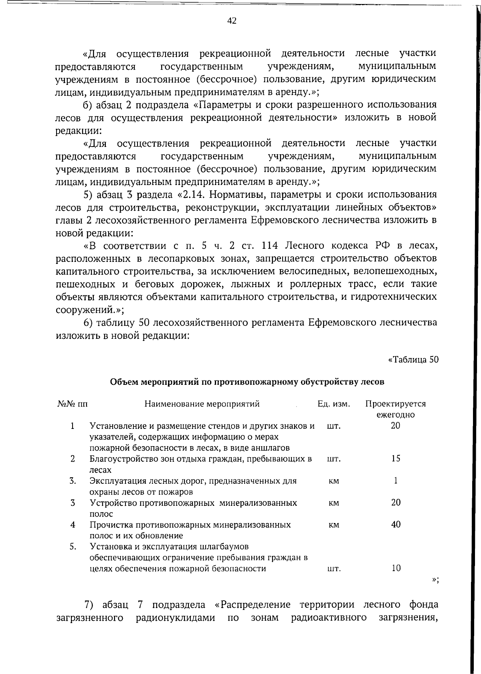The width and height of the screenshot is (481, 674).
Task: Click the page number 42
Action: [232, 21]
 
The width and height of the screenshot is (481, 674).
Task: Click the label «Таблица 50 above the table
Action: [413, 359]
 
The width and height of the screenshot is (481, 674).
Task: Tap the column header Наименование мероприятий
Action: [202, 404]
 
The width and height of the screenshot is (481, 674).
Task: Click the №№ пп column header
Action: [73, 404]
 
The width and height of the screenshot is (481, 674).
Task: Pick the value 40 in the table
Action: [396, 524]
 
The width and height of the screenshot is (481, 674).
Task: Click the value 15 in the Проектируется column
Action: [396, 459]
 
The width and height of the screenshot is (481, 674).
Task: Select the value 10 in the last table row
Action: [396, 568]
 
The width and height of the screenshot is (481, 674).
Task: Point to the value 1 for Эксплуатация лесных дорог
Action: [396, 481]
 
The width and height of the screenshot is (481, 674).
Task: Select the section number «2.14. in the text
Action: [190, 195]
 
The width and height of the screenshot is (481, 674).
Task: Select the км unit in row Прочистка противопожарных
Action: [333, 525]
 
